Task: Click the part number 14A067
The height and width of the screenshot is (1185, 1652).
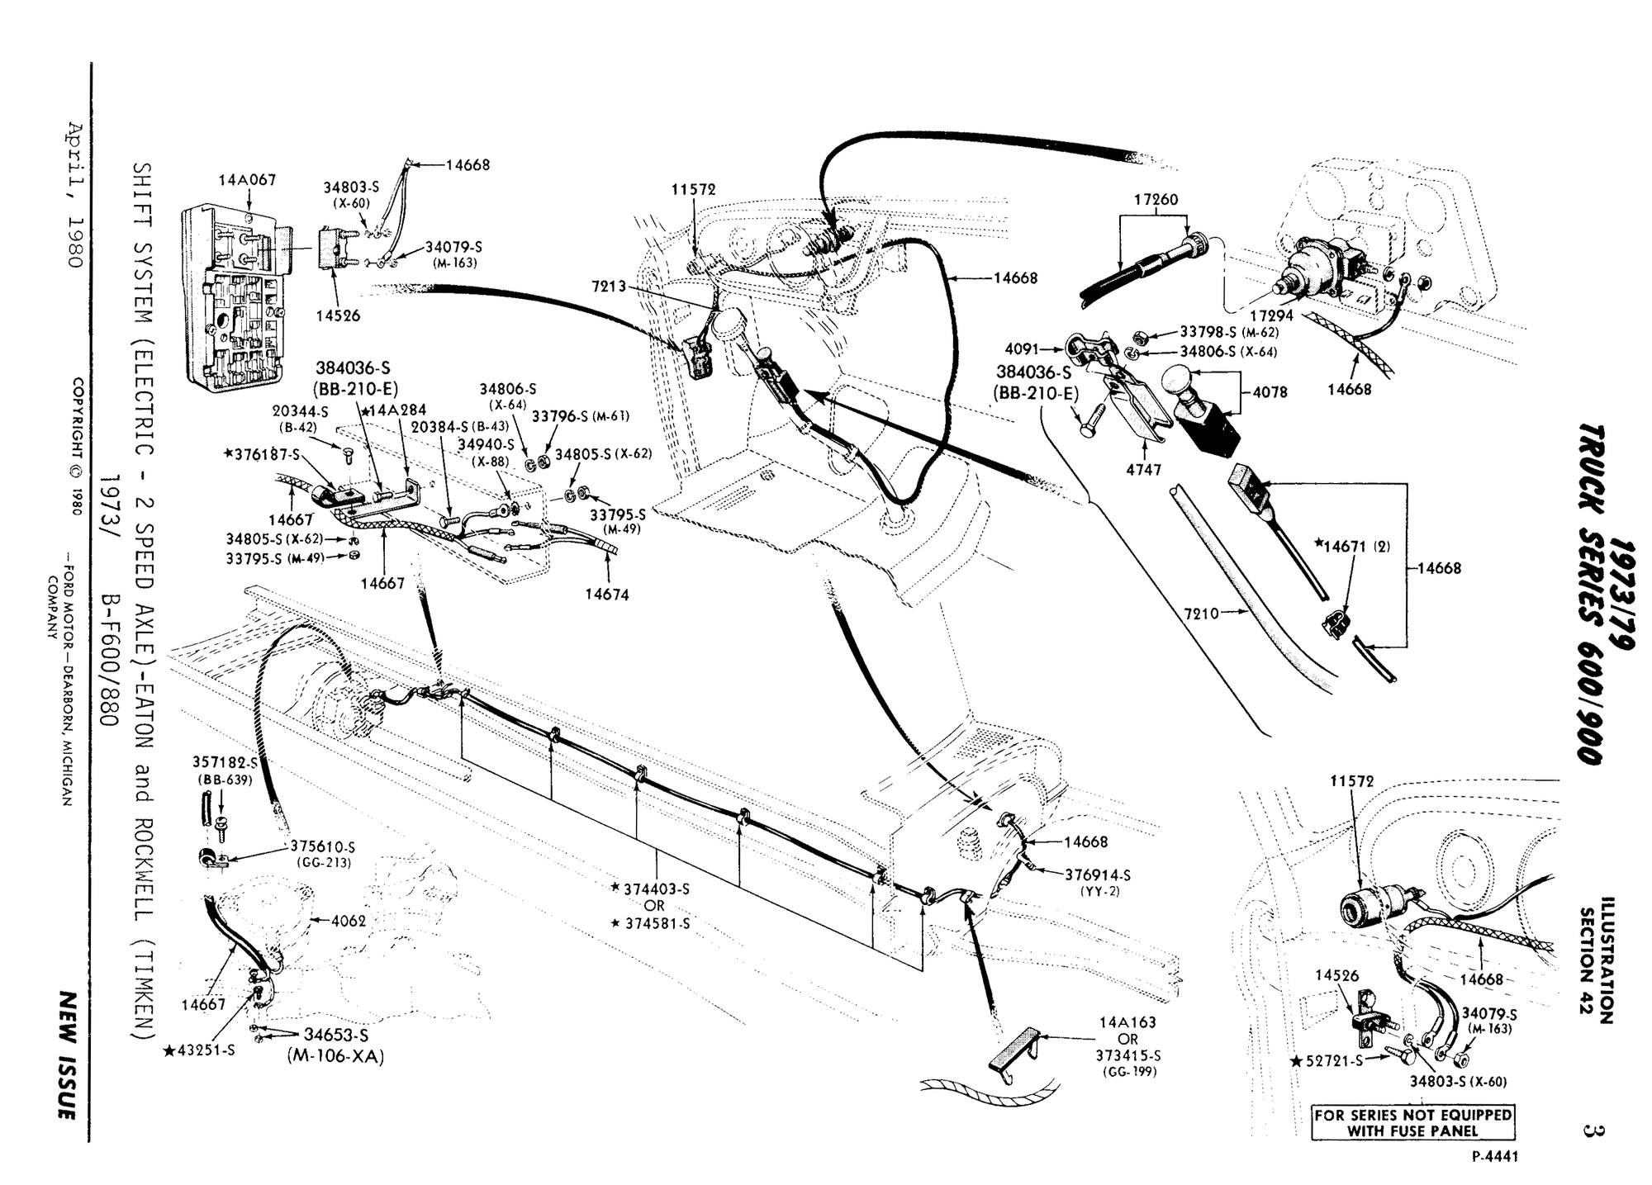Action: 247,179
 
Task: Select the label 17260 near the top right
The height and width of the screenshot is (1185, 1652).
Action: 1156,199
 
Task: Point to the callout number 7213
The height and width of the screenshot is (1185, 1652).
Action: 608,287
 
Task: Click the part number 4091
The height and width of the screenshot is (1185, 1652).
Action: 1021,349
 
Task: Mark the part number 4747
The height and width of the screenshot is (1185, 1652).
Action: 1144,470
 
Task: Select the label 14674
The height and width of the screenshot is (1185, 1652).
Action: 607,594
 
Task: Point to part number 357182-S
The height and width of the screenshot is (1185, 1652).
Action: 225,762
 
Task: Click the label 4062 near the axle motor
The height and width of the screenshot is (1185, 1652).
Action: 348,920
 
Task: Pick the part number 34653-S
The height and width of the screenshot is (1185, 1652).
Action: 335,1035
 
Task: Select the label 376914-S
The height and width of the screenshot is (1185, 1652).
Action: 1098,875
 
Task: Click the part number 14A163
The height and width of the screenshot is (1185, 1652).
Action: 1127,1022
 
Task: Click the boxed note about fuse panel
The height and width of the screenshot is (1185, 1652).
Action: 1412,1123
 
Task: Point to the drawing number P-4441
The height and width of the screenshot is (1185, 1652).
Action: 1495,1156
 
